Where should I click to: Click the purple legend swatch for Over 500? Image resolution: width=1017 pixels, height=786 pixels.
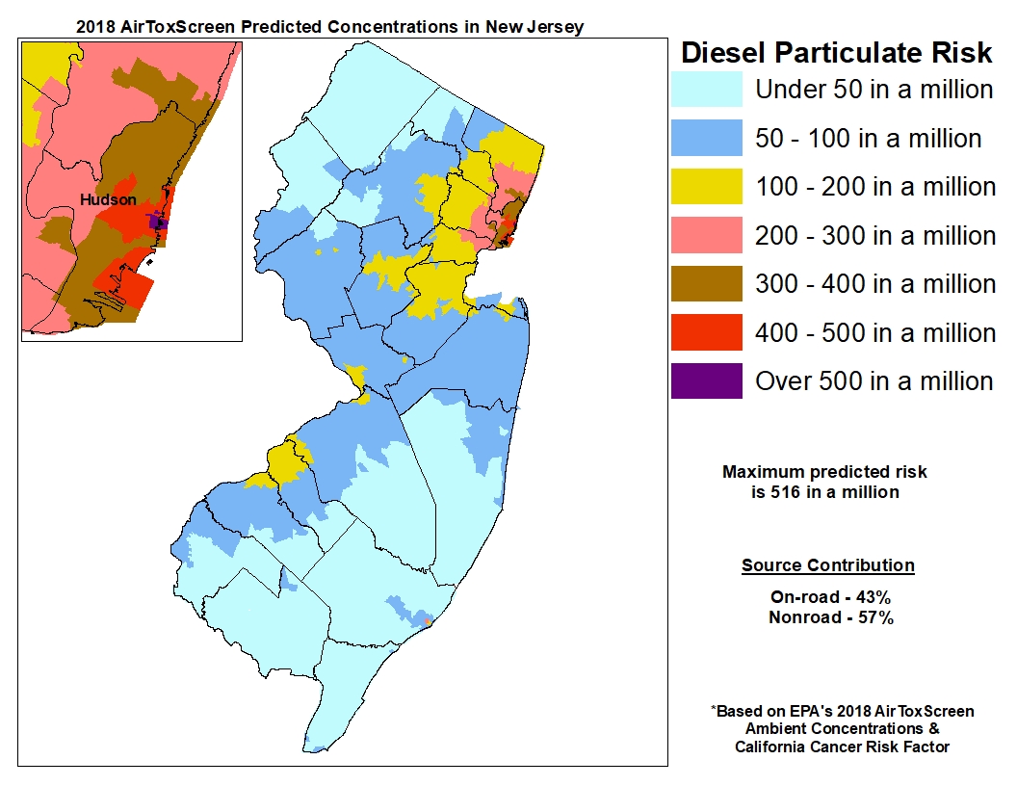706,380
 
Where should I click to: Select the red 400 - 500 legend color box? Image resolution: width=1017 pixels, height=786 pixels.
706,332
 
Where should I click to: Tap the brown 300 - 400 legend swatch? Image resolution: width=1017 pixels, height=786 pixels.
706,283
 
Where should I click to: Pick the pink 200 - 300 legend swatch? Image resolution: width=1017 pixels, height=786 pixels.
706,235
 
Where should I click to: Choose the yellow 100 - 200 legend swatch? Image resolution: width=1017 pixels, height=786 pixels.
706,186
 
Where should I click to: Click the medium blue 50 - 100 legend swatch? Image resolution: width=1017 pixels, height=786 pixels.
706,138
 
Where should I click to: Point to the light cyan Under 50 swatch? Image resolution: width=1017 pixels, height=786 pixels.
706,90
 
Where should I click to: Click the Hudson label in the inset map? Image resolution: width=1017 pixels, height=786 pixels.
108,199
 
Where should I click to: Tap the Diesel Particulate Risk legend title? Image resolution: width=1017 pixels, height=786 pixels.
836,52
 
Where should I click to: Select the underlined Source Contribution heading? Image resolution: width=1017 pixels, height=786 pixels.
827,565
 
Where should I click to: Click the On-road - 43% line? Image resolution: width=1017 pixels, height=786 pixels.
830,597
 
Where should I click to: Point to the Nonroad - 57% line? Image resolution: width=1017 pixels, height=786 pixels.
830,617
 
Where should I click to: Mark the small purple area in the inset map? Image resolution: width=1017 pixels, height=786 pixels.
158,222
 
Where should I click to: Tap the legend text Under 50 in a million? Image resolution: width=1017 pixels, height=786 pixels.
874,90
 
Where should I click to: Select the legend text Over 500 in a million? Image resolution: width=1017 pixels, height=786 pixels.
874,380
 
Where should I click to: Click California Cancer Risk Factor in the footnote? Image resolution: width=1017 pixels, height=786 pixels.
842,747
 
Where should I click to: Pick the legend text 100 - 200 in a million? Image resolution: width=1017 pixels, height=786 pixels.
874,186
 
